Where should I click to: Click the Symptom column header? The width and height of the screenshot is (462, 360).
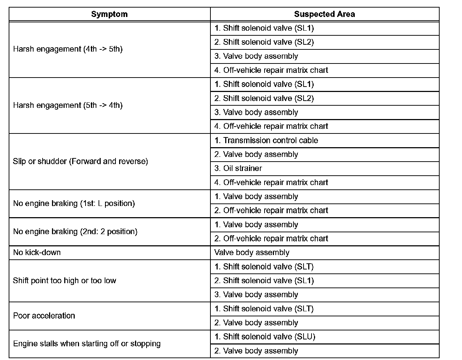[x=109, y=14]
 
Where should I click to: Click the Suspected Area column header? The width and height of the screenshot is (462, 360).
[x=324, y=14]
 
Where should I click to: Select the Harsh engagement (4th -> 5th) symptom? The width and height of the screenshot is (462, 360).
[x=68, y=49]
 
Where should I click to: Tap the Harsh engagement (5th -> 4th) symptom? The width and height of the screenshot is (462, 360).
[x=68, y=105]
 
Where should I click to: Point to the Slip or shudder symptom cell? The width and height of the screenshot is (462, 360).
[x=80, y=161]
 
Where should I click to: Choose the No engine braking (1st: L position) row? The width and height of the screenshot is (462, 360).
[x=74, y=203]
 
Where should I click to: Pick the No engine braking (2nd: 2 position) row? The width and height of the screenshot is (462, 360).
[x=75, y=232]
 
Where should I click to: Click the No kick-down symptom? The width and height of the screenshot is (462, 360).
[x=37, y=253]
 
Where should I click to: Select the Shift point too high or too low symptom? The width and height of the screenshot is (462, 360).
[x=65, y=281]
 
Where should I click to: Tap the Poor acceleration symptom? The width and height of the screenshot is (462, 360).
[x=44, y=316]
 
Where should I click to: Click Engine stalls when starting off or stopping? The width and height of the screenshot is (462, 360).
[x=87, y=344]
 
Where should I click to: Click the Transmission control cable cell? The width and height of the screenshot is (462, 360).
[x=266, y=140]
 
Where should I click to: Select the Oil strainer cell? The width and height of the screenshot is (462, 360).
[x=238, y=168]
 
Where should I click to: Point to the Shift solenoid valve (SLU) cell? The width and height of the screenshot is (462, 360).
[x=265, y=337]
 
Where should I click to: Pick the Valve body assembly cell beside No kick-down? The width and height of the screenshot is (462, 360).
[x=252, y=253]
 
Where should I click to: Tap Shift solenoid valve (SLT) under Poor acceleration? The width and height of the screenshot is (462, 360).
[x=264, y=309]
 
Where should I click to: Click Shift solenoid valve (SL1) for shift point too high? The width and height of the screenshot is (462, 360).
[x=264, y=281]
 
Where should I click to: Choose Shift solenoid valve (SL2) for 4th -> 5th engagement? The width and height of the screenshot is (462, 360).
[x=264, y=42]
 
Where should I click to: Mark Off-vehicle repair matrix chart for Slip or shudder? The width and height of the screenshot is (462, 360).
[x=271, y=183]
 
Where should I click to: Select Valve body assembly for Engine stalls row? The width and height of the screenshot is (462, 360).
[x=256, y=351]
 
